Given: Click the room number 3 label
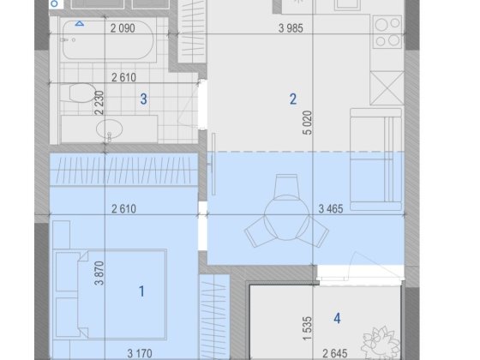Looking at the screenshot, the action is point(144,99).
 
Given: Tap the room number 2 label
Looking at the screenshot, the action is point(293,99).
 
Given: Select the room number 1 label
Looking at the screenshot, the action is point(141,291).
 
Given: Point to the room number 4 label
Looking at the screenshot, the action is point(337,318).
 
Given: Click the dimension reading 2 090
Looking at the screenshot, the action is point(123,28).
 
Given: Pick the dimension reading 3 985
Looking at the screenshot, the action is point(291,28).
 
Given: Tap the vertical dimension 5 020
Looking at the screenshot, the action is point(308,123).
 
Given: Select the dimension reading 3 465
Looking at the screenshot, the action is point(331,209).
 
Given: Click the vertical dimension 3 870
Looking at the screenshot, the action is point(99,273).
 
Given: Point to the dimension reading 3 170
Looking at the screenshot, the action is point(140,353).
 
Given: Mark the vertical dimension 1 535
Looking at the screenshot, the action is point(308,328).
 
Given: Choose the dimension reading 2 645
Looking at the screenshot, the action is point(335,353).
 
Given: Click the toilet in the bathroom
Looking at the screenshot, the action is point(78,93).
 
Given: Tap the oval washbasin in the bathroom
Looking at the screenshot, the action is point(110,129).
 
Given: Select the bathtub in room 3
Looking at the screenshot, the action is point(108,40).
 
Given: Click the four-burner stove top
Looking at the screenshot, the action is point(387,32).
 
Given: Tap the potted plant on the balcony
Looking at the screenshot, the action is point(381,342).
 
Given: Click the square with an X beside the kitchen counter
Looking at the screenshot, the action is point(387,88).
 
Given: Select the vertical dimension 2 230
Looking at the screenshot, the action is point(99,103).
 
